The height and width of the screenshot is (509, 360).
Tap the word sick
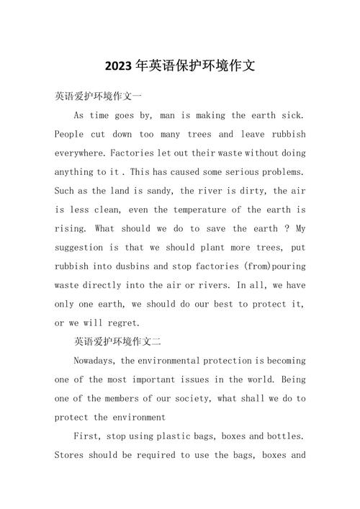point(291,115)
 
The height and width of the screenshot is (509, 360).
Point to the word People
point(70,134)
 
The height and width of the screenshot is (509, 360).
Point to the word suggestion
point(86,247)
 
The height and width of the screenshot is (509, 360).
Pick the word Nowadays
point(96,360)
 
